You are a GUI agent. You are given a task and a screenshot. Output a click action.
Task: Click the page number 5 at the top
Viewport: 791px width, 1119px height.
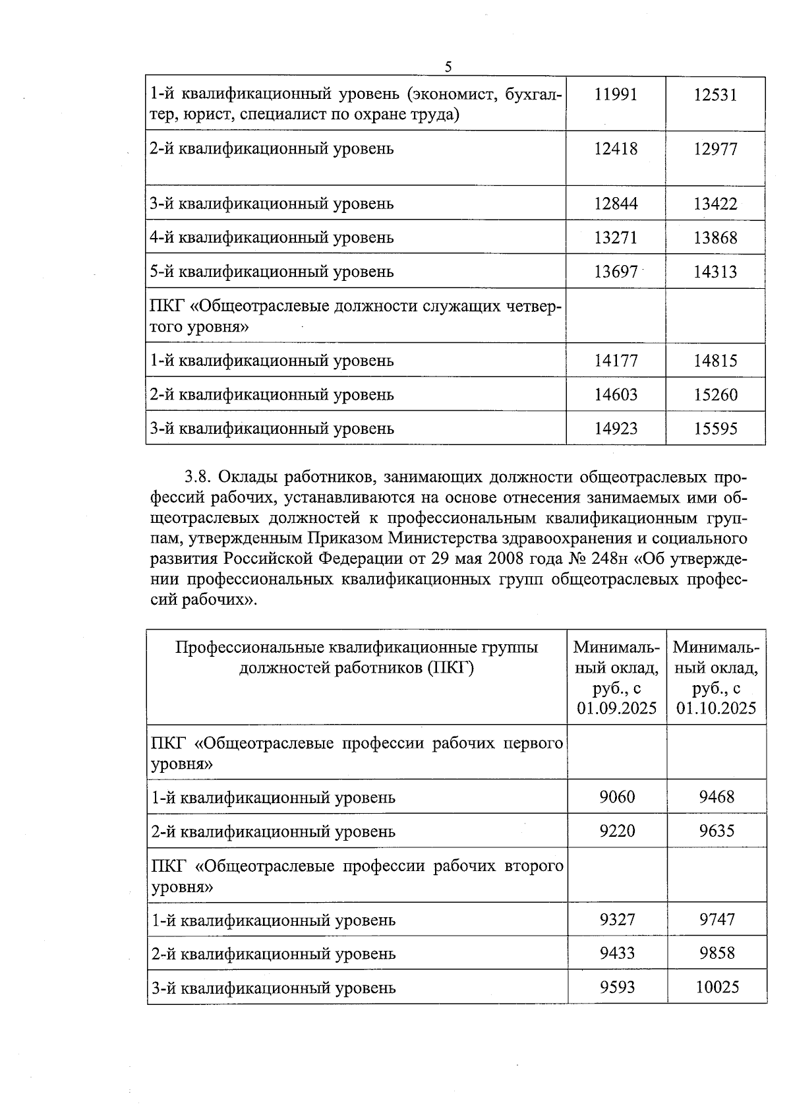click(x=448, y=67)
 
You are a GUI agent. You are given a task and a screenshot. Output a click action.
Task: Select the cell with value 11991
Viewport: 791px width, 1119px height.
click(x=616, y=94)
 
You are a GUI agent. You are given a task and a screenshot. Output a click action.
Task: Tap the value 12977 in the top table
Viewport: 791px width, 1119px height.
click(x=715, y=149)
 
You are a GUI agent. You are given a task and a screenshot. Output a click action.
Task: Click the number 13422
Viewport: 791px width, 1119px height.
click(x=715, y=204)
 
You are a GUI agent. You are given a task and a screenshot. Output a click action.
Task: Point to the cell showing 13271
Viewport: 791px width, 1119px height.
click(x=616, y=237)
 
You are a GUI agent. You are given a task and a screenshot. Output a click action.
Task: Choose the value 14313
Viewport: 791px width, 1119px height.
click(x=715, y=272)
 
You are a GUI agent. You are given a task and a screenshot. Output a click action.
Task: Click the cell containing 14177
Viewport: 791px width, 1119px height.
click(x=616, y=361)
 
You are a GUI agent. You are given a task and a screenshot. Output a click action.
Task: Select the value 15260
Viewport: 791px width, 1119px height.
click(x=715, y=395)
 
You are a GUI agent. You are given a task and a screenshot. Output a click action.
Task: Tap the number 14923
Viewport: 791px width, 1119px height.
click(x=616, y=429)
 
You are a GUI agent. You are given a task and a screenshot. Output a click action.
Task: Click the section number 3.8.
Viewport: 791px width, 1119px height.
click(x=198, y=477)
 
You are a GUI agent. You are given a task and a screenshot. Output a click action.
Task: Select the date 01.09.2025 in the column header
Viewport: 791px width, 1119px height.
click(x=617, y=708)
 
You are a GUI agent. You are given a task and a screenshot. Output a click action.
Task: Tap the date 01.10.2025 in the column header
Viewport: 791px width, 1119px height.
click(x=717, y=708)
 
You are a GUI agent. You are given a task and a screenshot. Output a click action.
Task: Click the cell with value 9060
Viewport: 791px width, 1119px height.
click(x=617, y=797)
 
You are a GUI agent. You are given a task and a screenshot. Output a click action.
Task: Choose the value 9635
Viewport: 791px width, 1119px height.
click(x=717, y=831)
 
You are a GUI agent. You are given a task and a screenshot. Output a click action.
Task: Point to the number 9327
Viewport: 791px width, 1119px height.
click(x=617, y=919)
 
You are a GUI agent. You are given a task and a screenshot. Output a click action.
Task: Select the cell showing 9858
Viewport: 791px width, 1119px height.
click(x=717, y=953)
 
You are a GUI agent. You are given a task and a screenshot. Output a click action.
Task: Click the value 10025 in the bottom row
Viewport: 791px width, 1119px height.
click(x=717, y=987)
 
